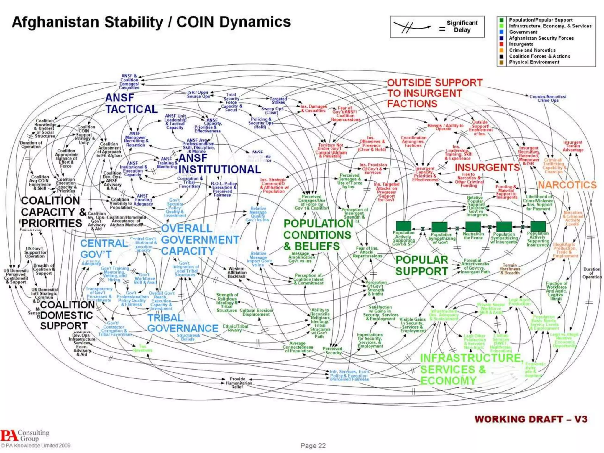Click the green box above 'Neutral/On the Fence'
tap(473, 226)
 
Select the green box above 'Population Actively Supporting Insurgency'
tap(538, 226)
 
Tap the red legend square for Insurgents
tap(501, 44)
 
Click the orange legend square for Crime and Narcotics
tap(501, 50)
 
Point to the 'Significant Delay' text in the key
tap(462, 26)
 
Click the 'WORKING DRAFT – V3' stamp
tap(531, 419)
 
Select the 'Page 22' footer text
tap(313, 445)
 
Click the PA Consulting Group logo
tap(25, 436)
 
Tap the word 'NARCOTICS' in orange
tap(567, 185)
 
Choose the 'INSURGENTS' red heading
tap(487, 167)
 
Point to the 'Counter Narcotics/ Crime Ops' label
tap(548, 98)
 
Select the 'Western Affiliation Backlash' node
tap(237, 273)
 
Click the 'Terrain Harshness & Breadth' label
tap(510, 269)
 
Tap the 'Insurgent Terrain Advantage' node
tap(573, 146)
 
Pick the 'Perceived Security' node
tap(332, 350)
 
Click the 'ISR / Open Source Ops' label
tap(198, 94)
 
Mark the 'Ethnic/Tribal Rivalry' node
tap(235, 328)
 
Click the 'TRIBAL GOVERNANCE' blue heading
tap(183, 323)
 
